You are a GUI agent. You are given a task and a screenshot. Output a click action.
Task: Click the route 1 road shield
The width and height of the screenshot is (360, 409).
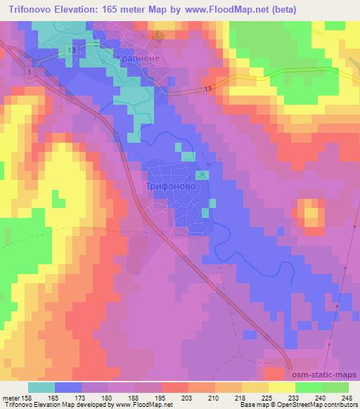pyautogui.click(x=29, y=72)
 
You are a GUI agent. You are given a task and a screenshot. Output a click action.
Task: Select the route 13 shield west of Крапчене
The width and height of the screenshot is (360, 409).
pyautogui.click(x=70, y=50)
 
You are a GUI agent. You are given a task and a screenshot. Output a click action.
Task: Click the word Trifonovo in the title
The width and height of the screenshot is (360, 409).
pyautogui.click(x=29, y=9)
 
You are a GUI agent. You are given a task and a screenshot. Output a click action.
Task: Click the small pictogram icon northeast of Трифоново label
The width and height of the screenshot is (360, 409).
pyautogui.click(x=202, y=174)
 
